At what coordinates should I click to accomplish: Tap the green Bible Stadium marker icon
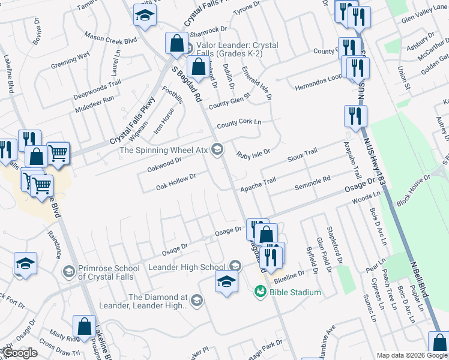(261, 292)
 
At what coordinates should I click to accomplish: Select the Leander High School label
(186, 267)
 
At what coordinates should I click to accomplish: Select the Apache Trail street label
(258, 188)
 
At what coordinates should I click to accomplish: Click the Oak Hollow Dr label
(176, 182)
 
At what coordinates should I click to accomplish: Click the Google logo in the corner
(20, 353)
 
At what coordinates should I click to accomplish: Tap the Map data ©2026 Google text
(412, 355)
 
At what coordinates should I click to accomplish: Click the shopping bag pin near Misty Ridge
(85, 328)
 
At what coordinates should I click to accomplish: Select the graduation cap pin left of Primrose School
(26, 264)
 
